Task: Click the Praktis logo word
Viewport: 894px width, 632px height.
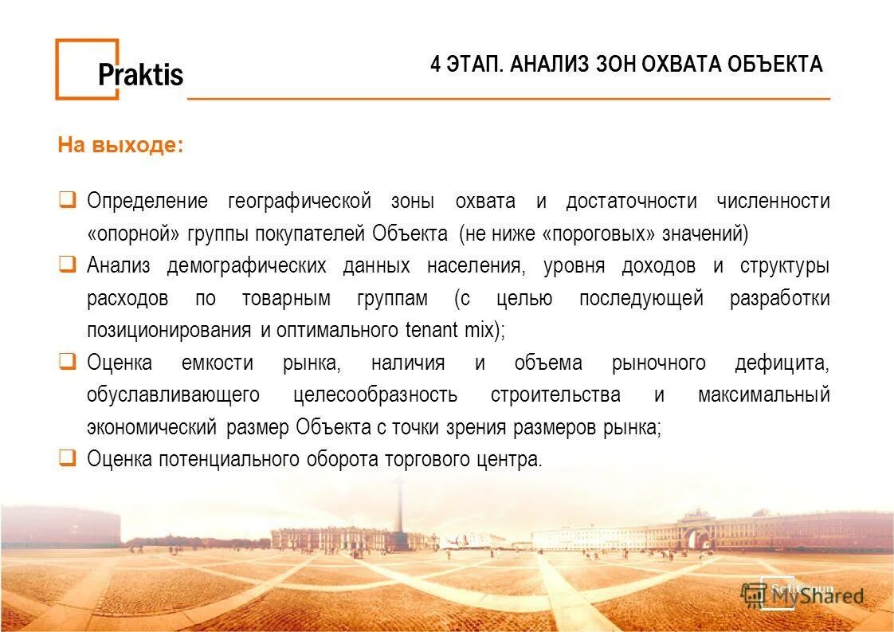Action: [140, 75]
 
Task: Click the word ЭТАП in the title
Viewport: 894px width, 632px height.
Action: [472, 64]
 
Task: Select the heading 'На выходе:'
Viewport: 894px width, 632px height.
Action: [120, 146]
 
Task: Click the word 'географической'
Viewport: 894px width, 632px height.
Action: [300, 202]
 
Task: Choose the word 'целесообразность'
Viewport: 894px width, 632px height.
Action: [374, 395]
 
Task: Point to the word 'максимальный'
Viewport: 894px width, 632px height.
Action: [763, 395]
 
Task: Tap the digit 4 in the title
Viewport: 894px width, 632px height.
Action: [435, 64]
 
